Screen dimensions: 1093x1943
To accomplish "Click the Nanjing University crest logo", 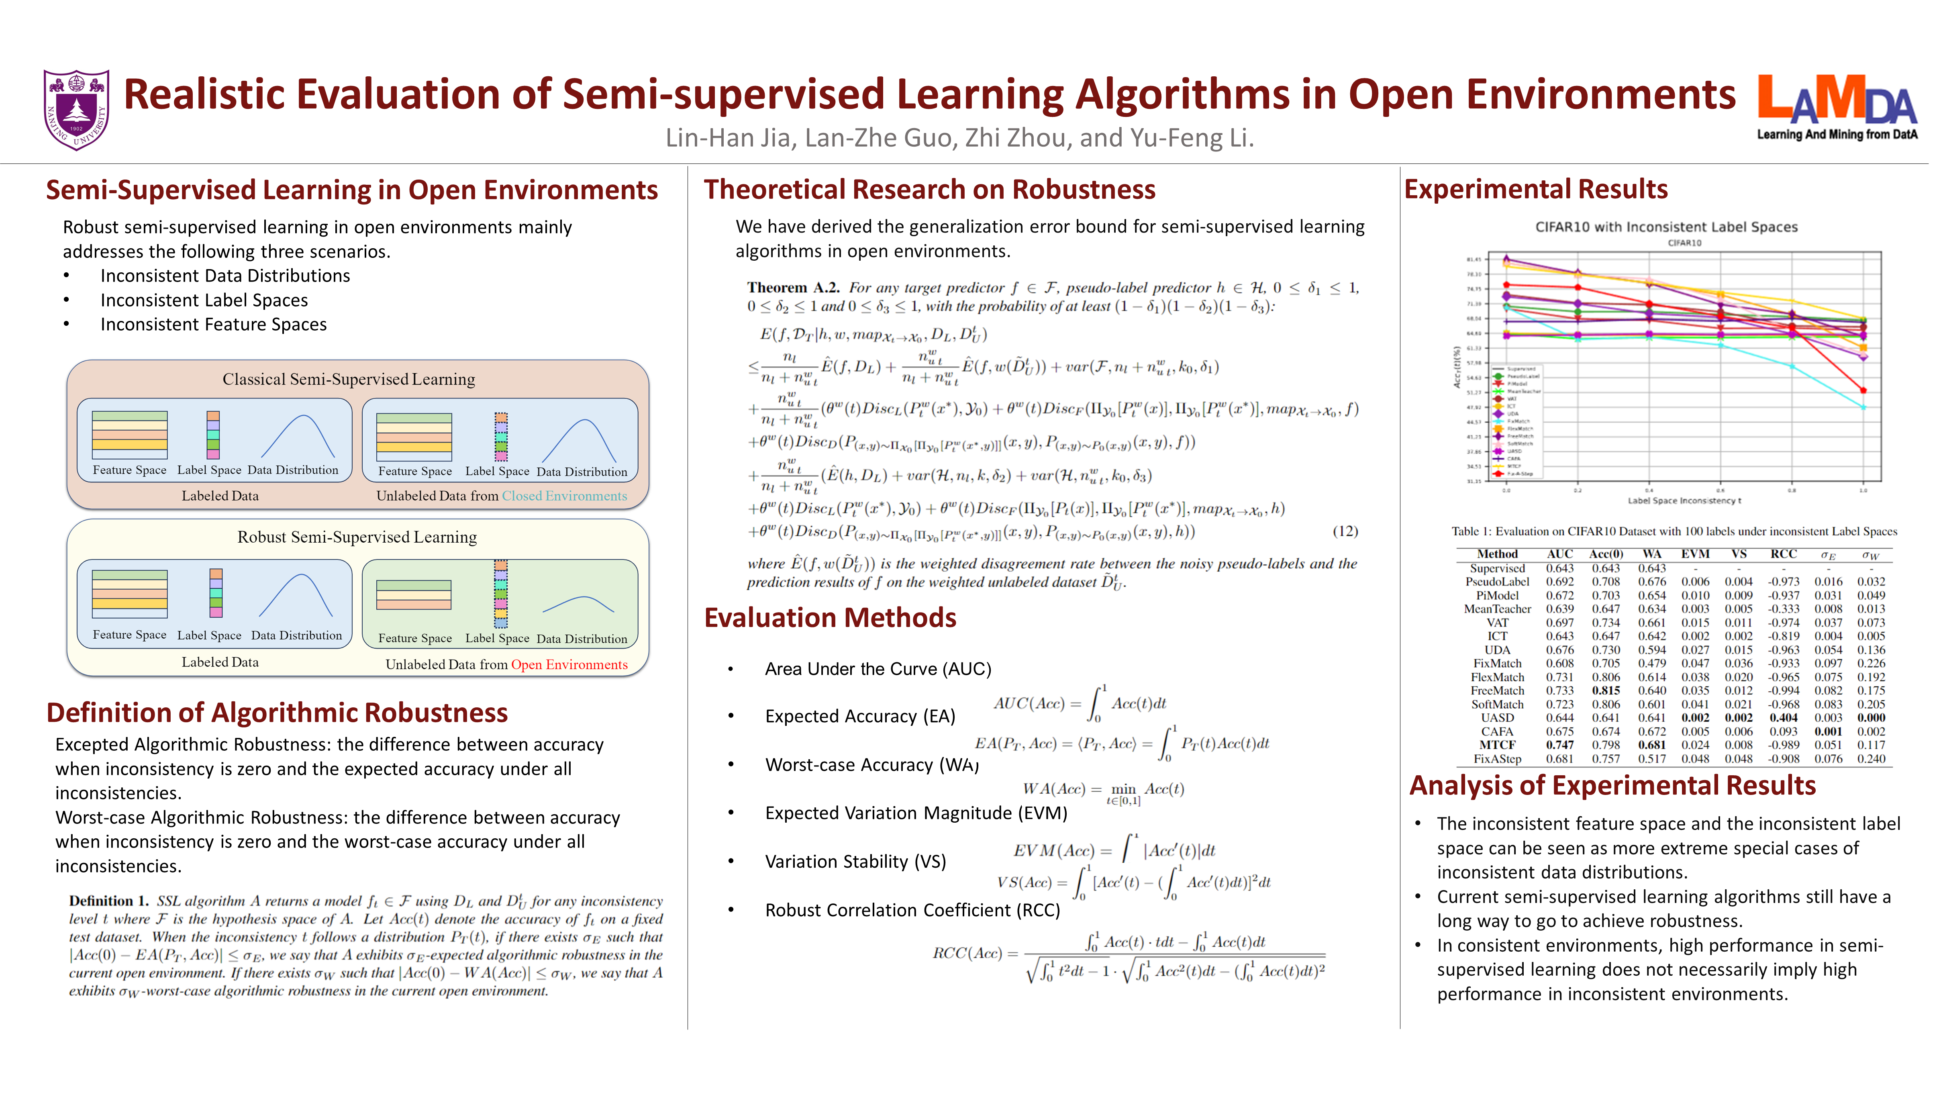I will pyautogui.click(x=76, y=110).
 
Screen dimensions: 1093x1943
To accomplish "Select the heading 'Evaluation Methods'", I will pyautogui.click(x=830, y=618).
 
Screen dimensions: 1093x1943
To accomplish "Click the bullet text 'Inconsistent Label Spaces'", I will pyautogui.click(x=204, y=300).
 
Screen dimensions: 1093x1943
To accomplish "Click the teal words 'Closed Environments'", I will pyautogui.click(x=564, y=496).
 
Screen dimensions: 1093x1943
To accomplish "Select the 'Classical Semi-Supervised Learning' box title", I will pyautogui.click(x=349, y=379).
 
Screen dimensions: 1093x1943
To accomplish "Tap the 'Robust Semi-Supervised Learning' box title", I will pyautogui.click(x=357, y=537).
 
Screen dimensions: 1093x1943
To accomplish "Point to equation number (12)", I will pyautogui.click(x=1345, y=531).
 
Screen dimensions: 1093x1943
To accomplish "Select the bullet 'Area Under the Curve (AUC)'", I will pyautogui.click(x=877, y=669).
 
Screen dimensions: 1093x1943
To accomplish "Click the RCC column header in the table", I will pyautogui.click(x=1783, y=554).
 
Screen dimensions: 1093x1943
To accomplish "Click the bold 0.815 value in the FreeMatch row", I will pyautogui.click(x=1606, y=690).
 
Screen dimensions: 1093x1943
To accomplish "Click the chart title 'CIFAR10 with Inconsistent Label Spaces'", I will pyautogui.click(x=1666, y=227).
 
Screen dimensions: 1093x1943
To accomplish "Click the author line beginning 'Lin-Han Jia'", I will pyautogui.click(x=959, y=138).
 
